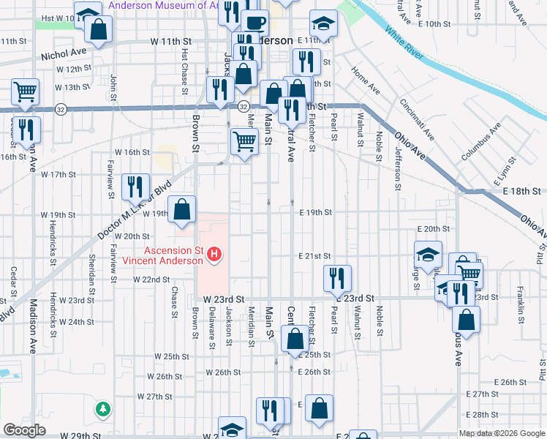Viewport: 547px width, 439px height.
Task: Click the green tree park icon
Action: (x=104, y=408)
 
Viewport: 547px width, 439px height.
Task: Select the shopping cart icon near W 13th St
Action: (x=25, y=91)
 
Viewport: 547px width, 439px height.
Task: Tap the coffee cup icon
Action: (x=254, y=23)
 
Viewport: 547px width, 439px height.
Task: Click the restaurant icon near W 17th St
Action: (x=135, y=187)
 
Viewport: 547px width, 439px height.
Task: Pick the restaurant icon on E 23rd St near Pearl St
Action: (x=338, y=277)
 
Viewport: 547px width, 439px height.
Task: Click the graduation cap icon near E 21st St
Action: (x=429, y=254)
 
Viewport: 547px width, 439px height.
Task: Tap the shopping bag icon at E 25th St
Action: (x=295, y=339)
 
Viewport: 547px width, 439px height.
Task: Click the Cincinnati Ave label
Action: (x=416, y=119)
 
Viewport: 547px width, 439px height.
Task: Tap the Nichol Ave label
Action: (x=64, y=53)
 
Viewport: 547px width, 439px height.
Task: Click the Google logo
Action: (x=24, y=430)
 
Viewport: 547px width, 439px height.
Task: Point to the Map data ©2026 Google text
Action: (x=502, y=433)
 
